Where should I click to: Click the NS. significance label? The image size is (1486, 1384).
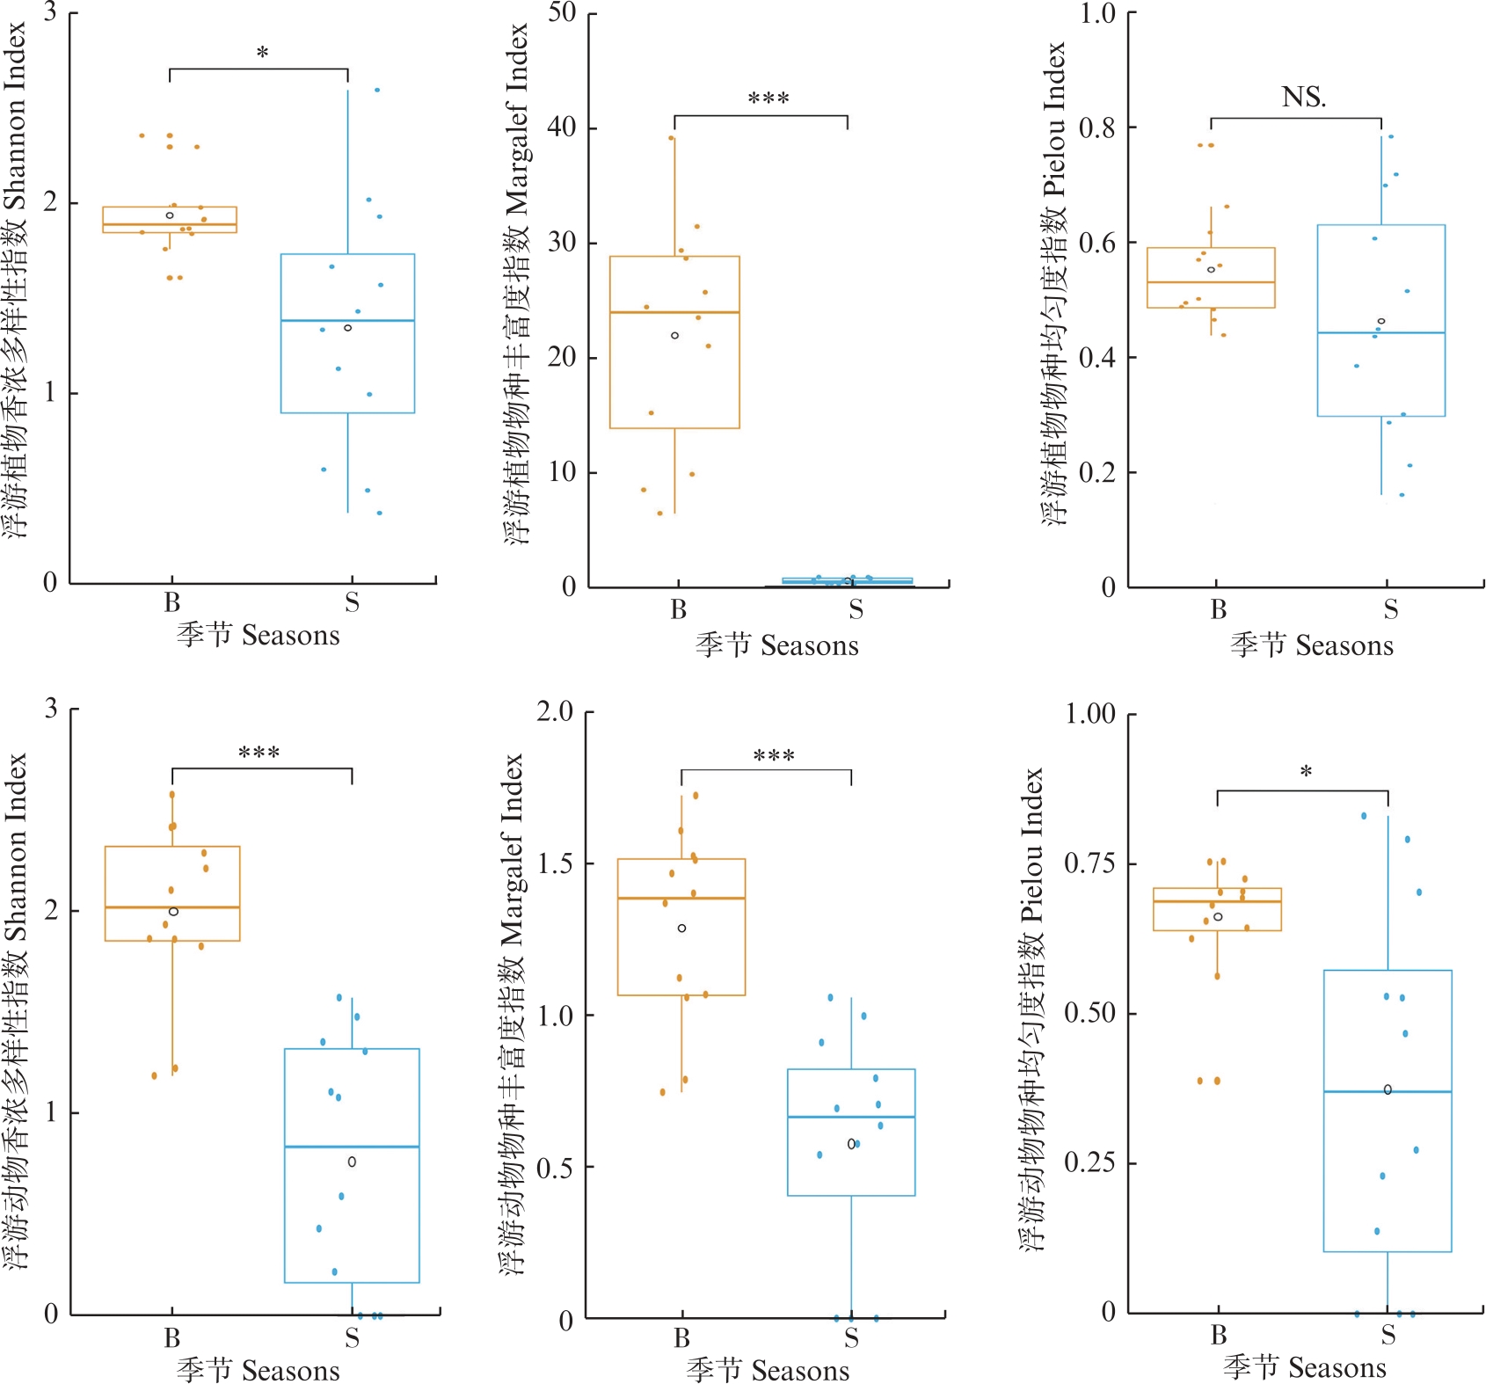pos(1303,97)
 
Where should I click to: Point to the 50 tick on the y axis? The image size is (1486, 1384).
pos(562,13)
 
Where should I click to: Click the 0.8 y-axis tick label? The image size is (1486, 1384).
pos(1096,127)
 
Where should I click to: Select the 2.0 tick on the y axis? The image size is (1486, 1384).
pos(555,710)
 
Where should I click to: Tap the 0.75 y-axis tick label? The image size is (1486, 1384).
pos(1089,863)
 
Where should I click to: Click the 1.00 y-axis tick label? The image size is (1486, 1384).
pos(1089,713)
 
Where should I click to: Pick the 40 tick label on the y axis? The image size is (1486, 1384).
pos(562,127)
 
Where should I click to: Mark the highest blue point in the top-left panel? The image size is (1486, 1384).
pos(377,90)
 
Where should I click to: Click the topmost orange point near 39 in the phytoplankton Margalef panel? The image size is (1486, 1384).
pos(671,138)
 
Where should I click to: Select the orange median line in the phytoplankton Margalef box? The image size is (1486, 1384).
pos(674,312)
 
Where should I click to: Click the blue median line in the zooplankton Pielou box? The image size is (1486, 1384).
pos(1388,1091)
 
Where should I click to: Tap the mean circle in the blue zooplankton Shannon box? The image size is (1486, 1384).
pos(352,1162)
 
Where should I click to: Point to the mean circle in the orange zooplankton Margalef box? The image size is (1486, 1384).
pos(681,929)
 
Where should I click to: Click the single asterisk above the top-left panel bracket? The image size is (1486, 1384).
pos(262,53)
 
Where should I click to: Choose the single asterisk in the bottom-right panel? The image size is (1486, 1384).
pos(1306,772)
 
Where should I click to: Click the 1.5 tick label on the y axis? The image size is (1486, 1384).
pos(555,863)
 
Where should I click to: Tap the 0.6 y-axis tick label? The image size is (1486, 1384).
pos(1096,243)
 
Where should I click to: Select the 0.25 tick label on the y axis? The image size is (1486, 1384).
pos(1089,1162)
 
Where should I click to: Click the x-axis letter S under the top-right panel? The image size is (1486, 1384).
pos(1390,608)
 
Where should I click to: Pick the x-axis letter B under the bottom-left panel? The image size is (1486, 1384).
pos(171,1337)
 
